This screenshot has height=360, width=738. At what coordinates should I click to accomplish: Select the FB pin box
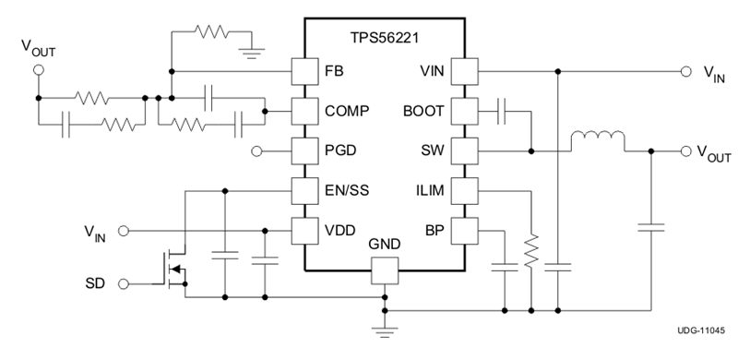[304, 71]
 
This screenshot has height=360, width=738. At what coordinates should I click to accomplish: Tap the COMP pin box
[304, 111]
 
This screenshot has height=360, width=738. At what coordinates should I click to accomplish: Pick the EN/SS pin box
[304, 190]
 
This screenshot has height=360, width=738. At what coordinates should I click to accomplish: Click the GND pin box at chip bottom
[384, 270]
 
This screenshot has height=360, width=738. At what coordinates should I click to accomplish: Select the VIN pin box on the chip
[464, 71]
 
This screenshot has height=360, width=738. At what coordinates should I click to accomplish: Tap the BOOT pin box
[464, 111]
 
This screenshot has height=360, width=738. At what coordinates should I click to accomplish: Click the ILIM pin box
[464, 190]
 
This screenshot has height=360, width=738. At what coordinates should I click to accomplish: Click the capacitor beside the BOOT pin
[504, 111]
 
